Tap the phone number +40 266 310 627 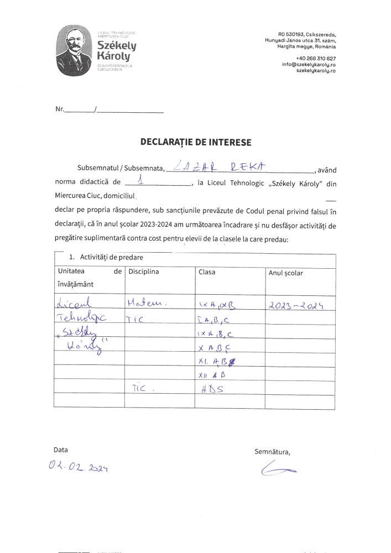[x=316, y=58]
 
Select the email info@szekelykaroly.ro [x=309, y=64]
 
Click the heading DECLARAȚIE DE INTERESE [x=196, y=142]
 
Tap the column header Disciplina [x=144, y=272]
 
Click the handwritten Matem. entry [x=147, y=303]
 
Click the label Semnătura [x=272, y=451]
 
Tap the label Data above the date [x=61, y=450]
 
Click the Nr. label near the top [x=60, y=109]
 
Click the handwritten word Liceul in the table [x=77, y=304]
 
